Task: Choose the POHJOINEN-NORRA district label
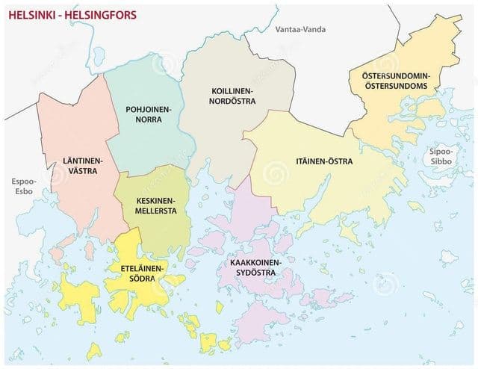[x=149, y=114]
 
